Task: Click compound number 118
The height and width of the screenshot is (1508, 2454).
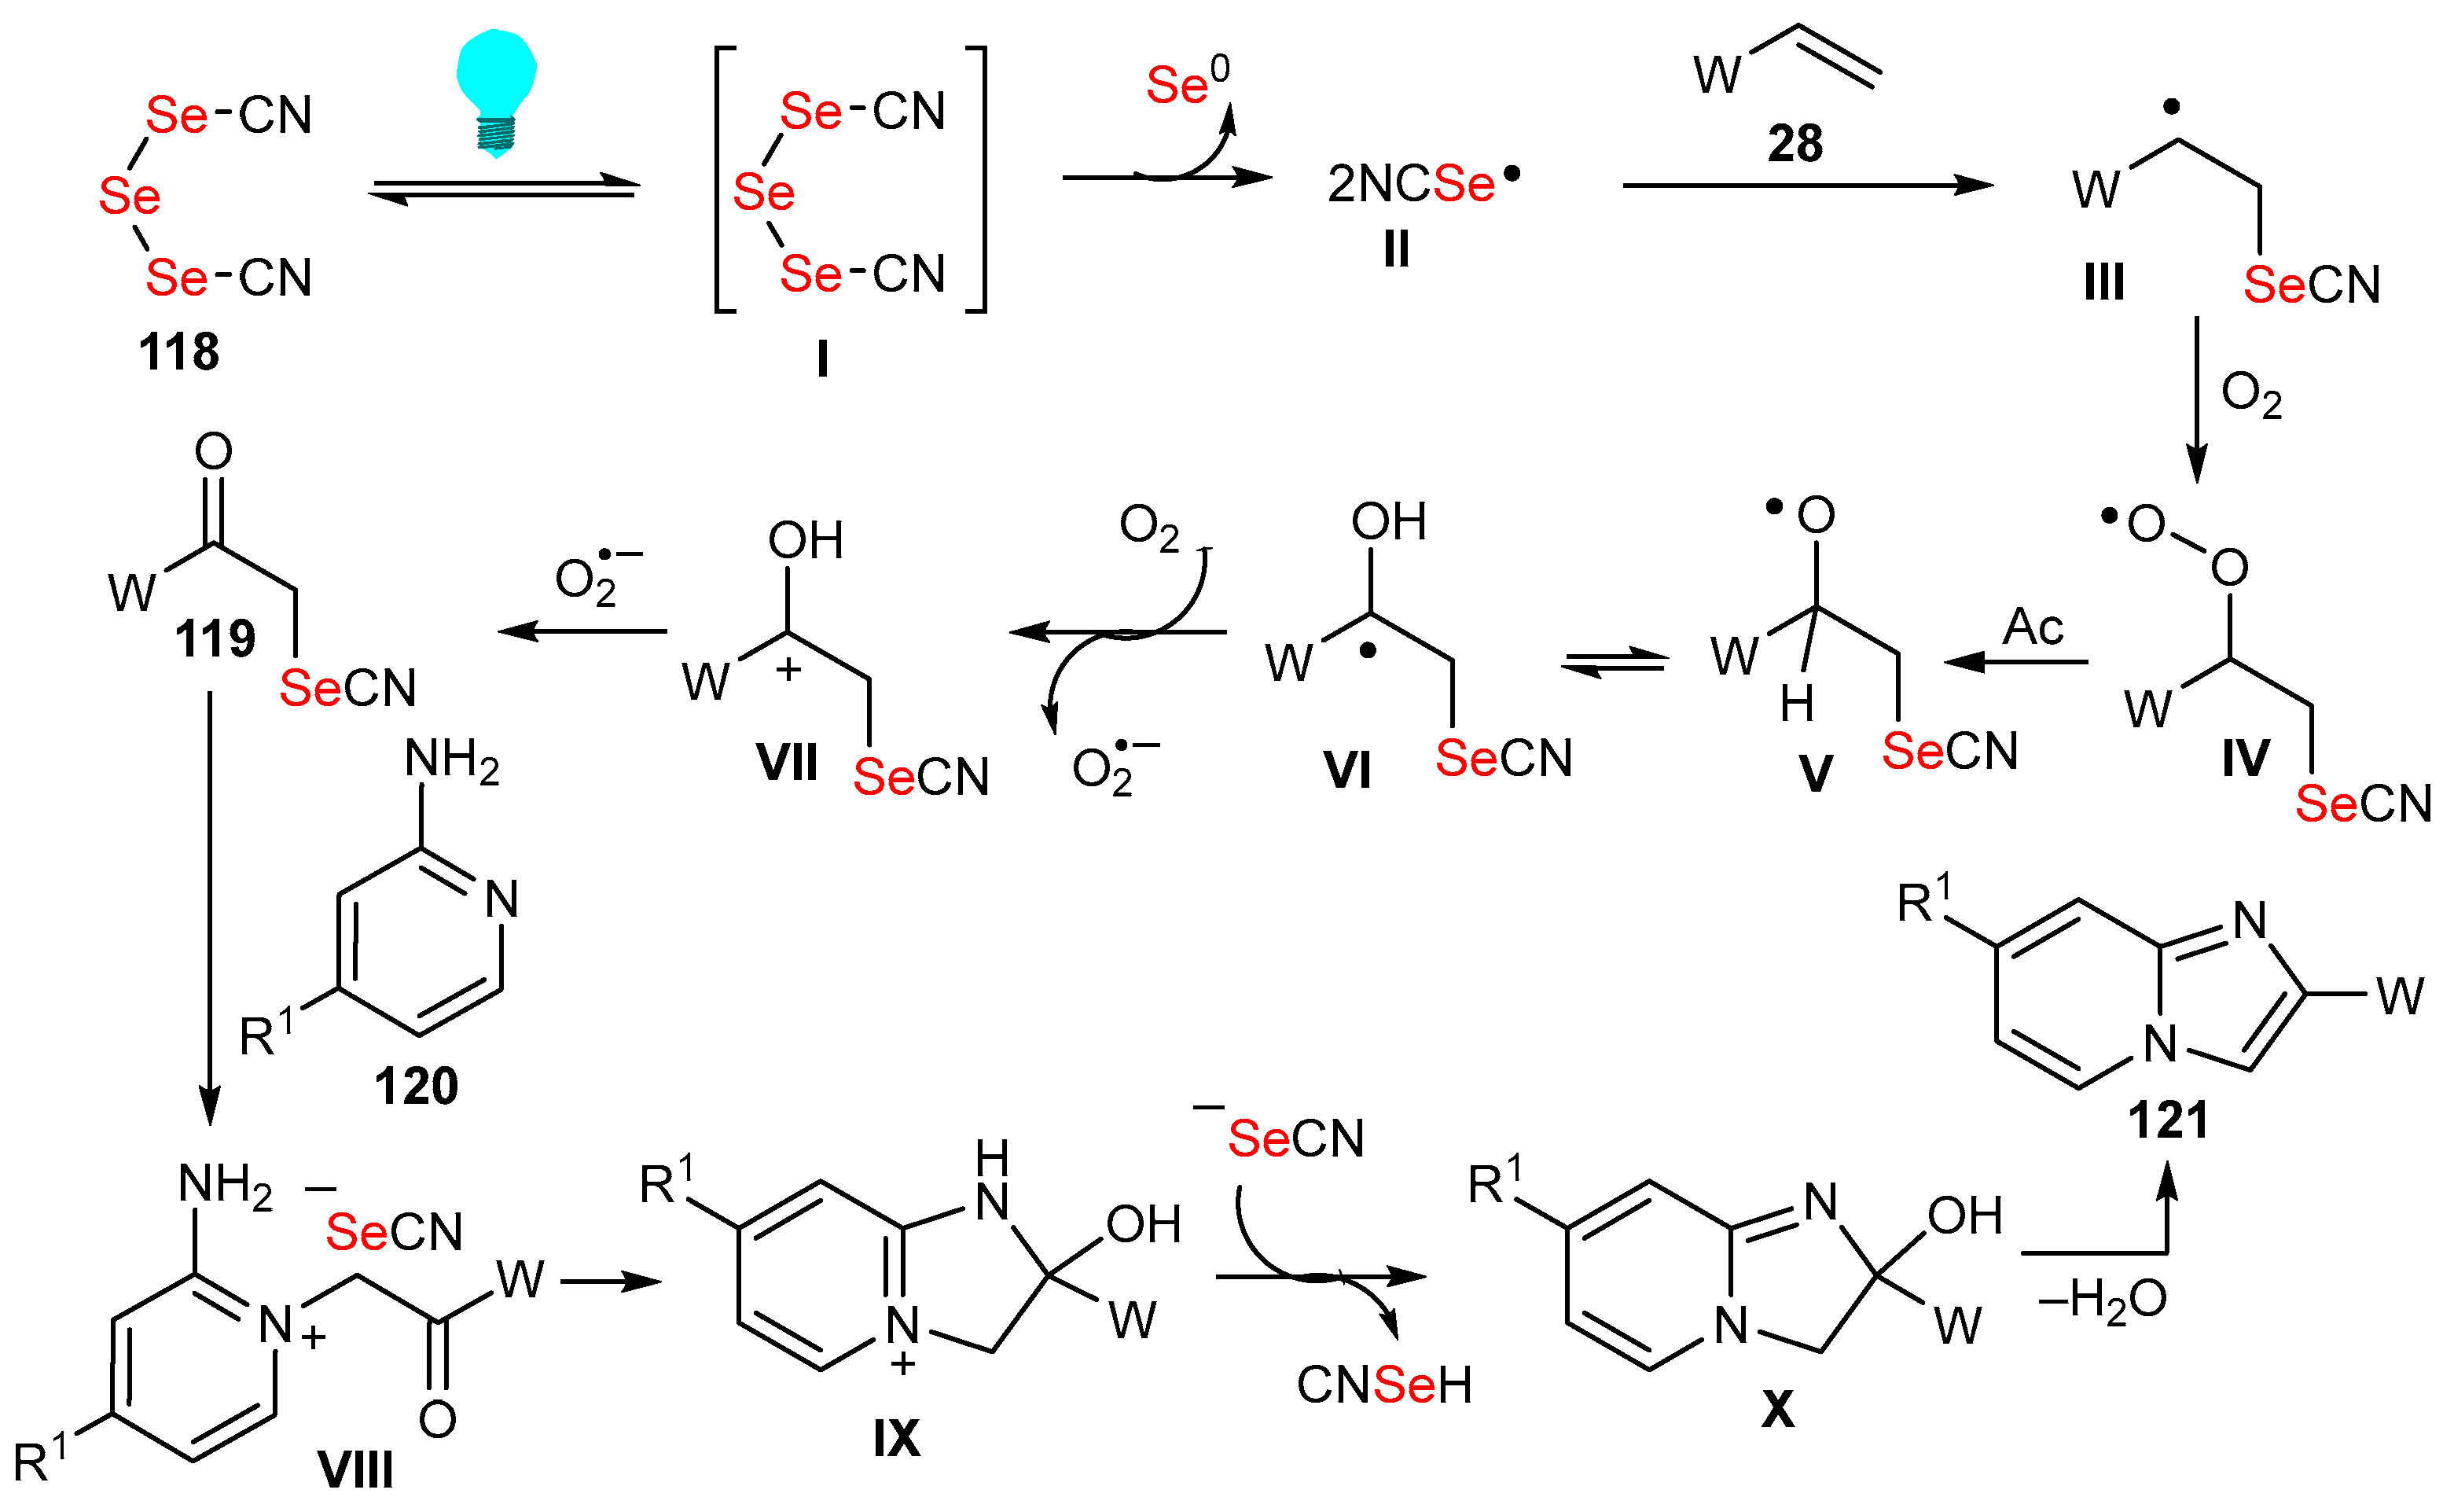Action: tap(179, 352)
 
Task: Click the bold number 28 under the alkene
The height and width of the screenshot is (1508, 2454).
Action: tap(1795, 145)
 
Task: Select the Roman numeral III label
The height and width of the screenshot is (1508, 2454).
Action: tap(2104, 283)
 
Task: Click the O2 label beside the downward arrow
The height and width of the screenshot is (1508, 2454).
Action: tap(2251, 396)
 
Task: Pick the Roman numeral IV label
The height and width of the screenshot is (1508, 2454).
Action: tap(2246, 759)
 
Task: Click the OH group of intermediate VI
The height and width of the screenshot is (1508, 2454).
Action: tap(1388, 521)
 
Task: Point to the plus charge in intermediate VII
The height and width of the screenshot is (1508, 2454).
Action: tap(788, 669)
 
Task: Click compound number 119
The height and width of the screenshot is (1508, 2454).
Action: tap(215, 639)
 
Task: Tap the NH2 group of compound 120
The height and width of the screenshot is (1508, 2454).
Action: tap(450, 761)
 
